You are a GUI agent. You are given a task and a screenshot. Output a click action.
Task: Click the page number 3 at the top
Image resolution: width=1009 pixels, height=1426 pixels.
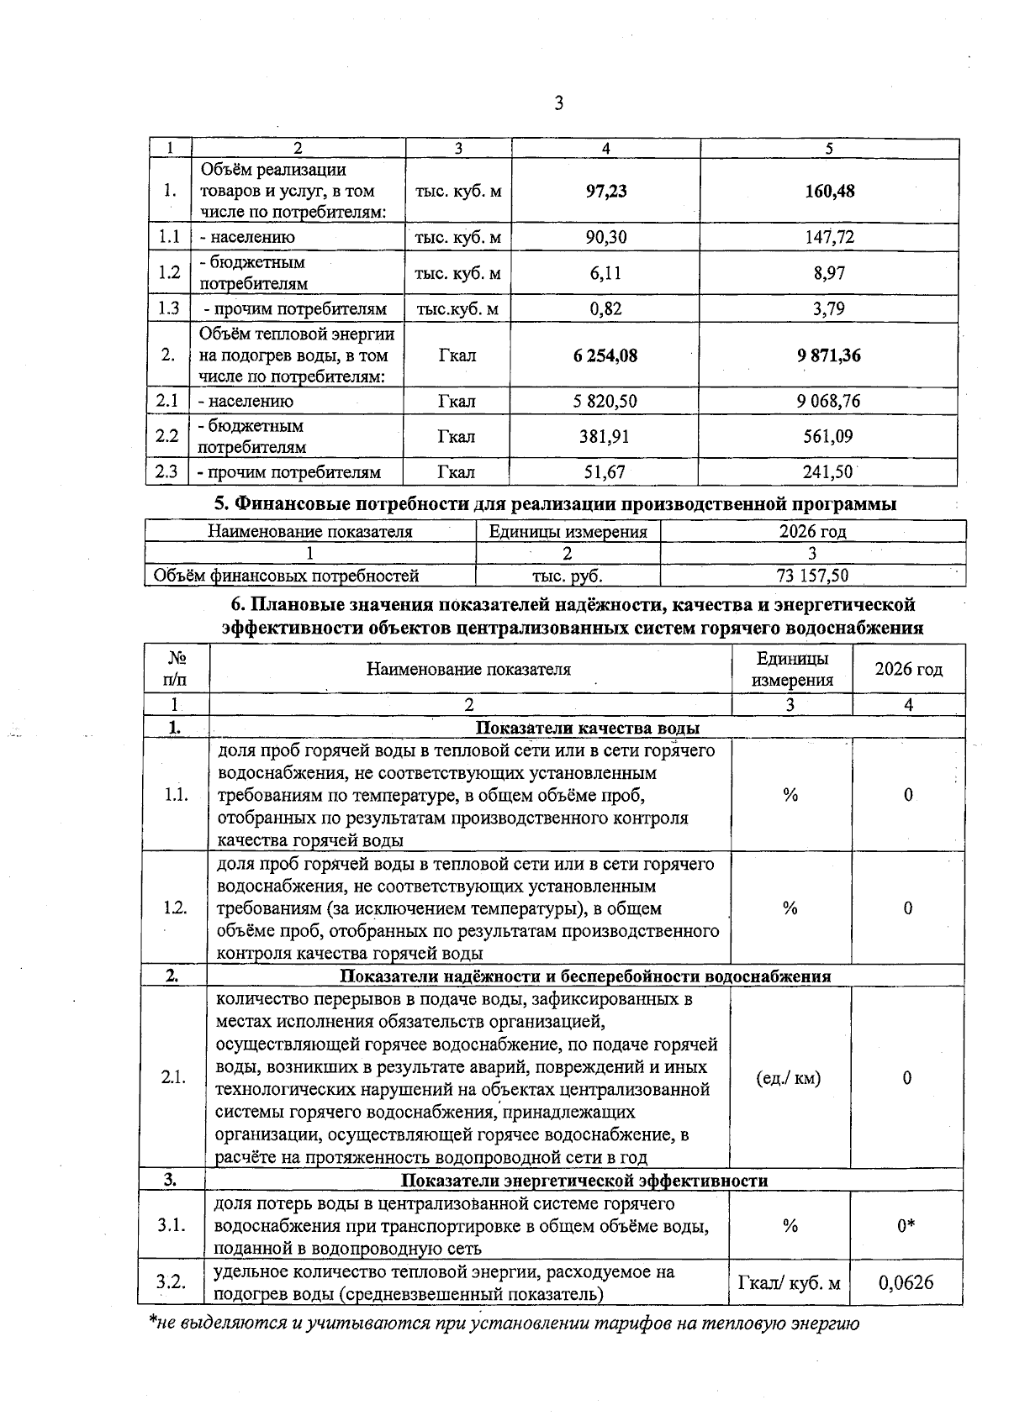pos(558,104)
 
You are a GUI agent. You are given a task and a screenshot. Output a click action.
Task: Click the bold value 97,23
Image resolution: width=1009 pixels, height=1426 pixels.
pos(605,192)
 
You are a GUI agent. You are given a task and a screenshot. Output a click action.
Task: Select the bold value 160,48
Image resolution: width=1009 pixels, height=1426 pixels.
pos(829,192)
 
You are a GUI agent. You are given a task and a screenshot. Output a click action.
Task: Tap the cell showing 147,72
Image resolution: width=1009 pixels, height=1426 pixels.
pos(829,238)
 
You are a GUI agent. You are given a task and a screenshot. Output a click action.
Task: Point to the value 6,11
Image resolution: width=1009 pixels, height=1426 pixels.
pos(605,274)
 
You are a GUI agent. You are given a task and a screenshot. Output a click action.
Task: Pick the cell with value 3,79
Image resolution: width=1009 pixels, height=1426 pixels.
pos(829,309)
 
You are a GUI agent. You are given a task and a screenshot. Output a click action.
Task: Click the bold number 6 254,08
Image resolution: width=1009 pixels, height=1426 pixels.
pos(605,356)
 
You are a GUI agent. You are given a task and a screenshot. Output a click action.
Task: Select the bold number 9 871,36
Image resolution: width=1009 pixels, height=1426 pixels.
pos(829,356)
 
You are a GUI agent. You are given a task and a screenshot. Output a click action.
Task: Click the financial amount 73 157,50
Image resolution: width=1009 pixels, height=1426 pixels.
pos(812,576)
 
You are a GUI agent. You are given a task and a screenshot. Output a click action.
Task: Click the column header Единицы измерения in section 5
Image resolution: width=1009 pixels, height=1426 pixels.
pos(568,532)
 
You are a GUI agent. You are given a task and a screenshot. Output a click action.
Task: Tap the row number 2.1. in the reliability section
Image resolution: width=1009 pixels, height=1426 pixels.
pos(173,1078)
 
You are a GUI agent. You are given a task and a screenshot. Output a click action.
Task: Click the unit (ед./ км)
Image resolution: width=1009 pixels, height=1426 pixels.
pos(789,1078)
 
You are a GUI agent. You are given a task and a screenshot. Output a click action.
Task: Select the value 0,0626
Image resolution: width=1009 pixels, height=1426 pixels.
pos(906,1283)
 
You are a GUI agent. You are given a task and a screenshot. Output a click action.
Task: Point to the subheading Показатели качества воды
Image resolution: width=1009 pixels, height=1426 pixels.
pos(588,729)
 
